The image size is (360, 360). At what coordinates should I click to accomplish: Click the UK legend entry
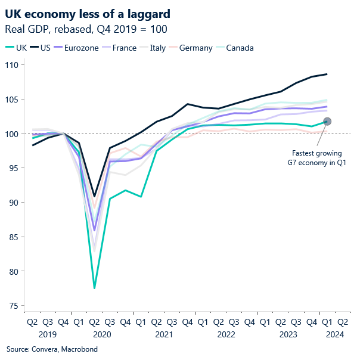16,48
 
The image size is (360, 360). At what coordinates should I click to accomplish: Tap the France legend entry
126,48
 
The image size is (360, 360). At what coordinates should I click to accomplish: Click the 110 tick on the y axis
12,64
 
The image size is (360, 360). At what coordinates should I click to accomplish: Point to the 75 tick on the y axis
14,306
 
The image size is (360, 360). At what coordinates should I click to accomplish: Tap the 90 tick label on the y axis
14,202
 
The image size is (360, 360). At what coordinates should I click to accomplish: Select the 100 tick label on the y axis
12,134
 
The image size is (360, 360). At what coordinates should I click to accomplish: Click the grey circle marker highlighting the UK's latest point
327,122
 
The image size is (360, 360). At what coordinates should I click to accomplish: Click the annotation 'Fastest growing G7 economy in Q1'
317,157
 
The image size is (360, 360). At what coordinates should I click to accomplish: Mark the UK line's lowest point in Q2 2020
94,288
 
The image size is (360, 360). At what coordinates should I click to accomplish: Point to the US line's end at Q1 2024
327,74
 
